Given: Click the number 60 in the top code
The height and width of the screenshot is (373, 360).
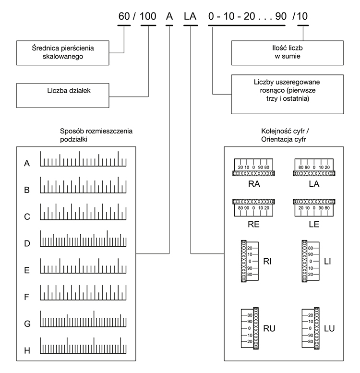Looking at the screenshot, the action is [124, 16].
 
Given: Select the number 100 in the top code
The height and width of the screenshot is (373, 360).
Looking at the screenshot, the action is [148, 16].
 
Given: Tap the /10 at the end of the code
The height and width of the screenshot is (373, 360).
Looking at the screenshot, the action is [300, 16].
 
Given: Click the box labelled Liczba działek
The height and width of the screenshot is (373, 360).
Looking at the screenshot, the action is [63, 96].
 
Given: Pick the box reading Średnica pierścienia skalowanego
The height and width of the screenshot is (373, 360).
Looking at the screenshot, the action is [63, 53].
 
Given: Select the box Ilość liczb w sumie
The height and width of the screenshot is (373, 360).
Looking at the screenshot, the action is [288, 53].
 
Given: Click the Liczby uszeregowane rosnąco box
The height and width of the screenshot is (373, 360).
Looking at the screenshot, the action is [288, 94].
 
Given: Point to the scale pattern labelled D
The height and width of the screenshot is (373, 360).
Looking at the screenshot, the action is [83, 239].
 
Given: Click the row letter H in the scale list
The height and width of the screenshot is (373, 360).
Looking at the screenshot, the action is [27, 350].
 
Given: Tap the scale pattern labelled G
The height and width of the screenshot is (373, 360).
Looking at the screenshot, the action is [83, 319].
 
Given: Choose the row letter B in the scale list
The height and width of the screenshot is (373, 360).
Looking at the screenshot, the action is [27, 190].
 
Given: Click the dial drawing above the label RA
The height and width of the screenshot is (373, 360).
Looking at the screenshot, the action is [253, 168].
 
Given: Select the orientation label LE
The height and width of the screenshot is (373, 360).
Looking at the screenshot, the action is [314, 224].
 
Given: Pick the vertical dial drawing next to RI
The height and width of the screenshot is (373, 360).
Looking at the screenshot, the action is [250, 261].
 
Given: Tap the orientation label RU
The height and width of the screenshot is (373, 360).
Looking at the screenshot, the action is [269, 328].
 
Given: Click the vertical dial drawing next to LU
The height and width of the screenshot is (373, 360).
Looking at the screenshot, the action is [311, 328].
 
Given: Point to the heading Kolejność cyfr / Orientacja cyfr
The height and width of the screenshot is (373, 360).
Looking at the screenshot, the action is [285, 135].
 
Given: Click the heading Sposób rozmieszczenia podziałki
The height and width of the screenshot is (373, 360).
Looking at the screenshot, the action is [96, 135].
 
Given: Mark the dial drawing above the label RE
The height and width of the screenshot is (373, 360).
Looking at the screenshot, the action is [253, 208].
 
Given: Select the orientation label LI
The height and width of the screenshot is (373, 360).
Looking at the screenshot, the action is [327, 262].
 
